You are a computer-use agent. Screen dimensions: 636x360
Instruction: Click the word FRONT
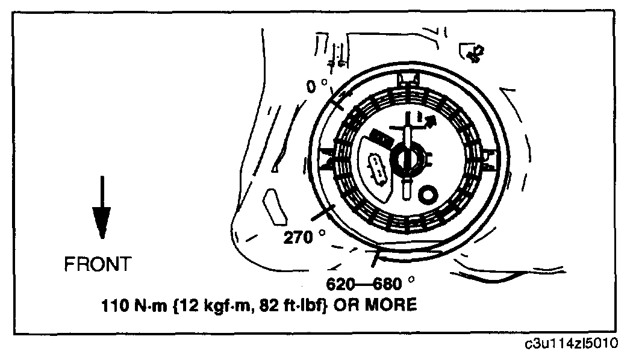click(96, 264)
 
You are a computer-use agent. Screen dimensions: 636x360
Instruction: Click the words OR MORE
click(385, 306)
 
